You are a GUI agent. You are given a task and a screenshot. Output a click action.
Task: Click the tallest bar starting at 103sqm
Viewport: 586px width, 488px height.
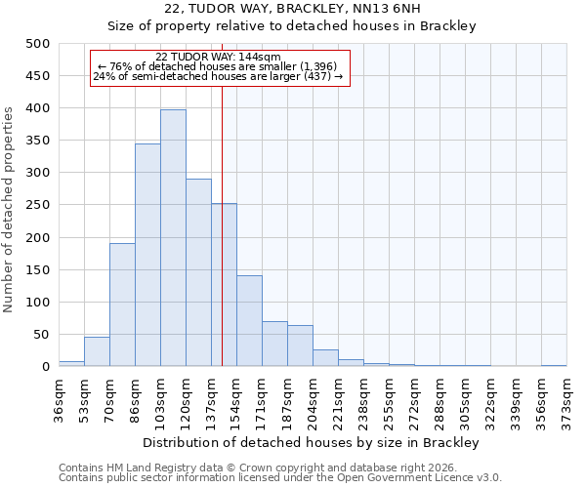(x=173, y=238)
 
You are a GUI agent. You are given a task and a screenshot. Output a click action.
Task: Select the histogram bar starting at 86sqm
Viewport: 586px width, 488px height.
(x=147, y=255)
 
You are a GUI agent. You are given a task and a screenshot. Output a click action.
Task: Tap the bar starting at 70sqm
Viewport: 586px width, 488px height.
(x=122, y=305)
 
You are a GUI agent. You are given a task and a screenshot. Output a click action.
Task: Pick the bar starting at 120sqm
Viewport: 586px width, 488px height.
(x=198, y=272)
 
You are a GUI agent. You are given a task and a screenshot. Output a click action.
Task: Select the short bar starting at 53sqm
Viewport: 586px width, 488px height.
(x=97, y=351)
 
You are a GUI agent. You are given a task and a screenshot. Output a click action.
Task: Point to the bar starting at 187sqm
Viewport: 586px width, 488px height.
(x=300, y=346)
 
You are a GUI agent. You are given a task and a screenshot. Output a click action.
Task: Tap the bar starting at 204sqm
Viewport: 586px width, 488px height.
(x=325, y=358)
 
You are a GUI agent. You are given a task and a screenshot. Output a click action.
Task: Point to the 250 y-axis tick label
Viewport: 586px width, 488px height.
(x=37, y=205)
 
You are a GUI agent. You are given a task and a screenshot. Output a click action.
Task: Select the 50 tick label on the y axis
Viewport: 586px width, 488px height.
(x=41, y=335)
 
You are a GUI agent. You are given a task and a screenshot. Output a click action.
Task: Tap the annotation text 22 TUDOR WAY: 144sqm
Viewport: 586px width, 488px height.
(x=218, y=57)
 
